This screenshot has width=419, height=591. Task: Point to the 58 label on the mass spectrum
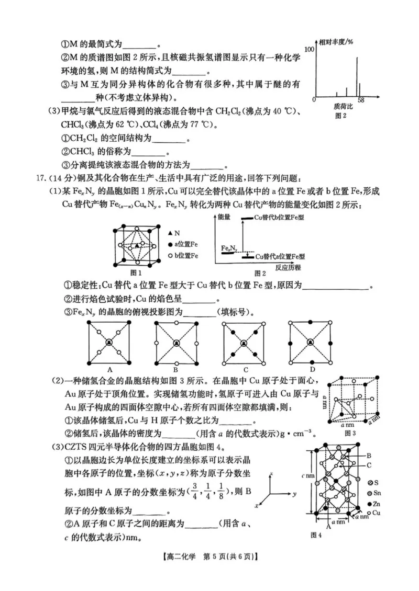(361, 99)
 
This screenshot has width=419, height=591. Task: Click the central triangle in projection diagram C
(244, 342)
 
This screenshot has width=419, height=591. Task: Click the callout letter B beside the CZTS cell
(369, 456)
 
